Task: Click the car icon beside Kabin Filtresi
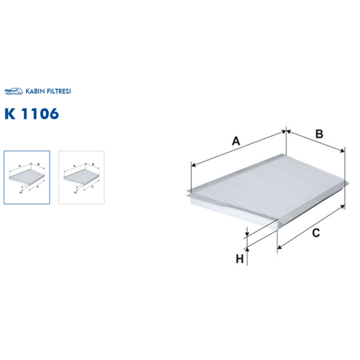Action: point(14,91)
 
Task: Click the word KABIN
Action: point(35,91)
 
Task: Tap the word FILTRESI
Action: point(59,91)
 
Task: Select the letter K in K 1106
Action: point(10,114)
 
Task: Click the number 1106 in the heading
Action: point(40,114)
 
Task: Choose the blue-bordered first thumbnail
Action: point(27,177)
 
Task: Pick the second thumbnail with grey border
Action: point(81,177)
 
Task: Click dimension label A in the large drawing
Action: point(236,141)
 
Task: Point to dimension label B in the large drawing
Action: point(319,134)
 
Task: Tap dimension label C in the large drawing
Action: point(316,233)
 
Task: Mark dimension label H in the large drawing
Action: point(240,259)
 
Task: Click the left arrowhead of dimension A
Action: point(194,165)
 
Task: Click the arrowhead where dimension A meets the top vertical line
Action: point(284,132)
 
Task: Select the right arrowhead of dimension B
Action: point(342,150)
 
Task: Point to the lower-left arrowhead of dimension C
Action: point(279,247)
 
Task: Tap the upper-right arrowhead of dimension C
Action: point(343,207)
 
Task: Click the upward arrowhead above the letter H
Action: point(247,250)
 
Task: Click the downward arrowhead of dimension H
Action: point(247,233)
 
